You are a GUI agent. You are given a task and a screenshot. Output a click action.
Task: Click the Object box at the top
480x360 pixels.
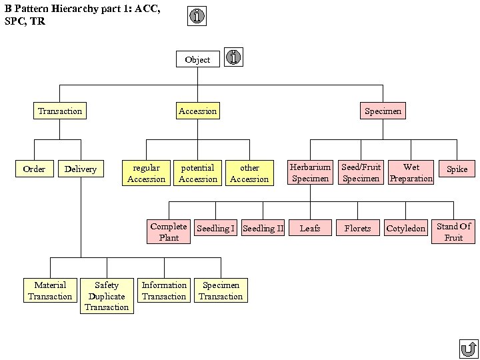pyautogui.click(x=197, y=59)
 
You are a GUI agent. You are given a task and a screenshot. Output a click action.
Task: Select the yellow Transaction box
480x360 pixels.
pyautogui.click(x=60, y=111)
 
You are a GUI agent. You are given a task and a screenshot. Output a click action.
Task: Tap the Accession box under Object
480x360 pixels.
pyautogui.click(x=197, y=111)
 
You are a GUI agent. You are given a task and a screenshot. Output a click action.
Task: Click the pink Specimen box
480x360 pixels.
pyautogui.click(x=383, y=111)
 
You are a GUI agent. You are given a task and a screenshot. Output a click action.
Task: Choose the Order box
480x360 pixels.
pyautogui.click(x=34, y=169)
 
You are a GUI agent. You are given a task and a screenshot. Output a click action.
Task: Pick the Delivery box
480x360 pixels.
pyautogui.click(x=81, y=169)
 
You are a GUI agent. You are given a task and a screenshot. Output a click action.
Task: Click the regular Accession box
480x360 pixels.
pyautogui.click(x=146, y=173)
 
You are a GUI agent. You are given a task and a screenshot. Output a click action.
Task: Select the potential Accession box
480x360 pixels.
pyautogui.click(x=197, y=173)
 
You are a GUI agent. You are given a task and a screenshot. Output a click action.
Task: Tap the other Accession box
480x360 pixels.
pyautogui.click(x=249, y=173)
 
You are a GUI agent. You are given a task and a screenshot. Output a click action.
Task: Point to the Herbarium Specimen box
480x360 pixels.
pyautogui.click(x=310, y=173)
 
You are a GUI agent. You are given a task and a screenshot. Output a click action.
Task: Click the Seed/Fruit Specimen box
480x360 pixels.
pyautogui.click(x=361, y=173)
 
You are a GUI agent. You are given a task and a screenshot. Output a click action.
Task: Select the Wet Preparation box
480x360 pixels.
pyautogui.click(x=411, y=173)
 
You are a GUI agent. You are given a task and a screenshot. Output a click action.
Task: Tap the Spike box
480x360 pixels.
pyautogui.click(x=457, y=169)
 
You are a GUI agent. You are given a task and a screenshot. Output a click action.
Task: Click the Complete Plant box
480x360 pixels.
pyautogui.click(x=169, y=231)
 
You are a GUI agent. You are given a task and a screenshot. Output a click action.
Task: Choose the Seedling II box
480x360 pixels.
pyautogui.click(x=263, y=228)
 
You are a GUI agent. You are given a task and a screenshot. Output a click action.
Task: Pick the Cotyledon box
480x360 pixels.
pyautogui.click(x=405, y=228)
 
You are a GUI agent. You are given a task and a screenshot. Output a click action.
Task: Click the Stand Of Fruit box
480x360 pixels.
pyautogui.click(x=453, y=231)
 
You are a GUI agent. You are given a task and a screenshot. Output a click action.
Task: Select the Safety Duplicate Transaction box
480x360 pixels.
pyautogui.click(x=107, y=296)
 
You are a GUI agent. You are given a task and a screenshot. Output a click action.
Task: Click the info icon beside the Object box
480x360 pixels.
pyautogui.click(x=233, y=57)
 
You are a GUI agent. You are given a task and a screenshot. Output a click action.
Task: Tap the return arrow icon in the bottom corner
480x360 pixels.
pyautogui.click(x=468, y=349)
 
